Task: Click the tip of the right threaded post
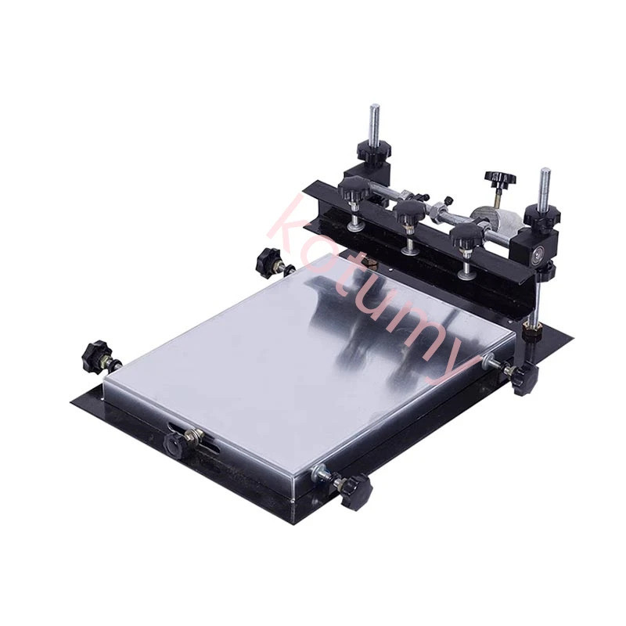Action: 545,171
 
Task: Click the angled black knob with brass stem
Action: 499,178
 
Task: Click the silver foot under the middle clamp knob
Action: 409,250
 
